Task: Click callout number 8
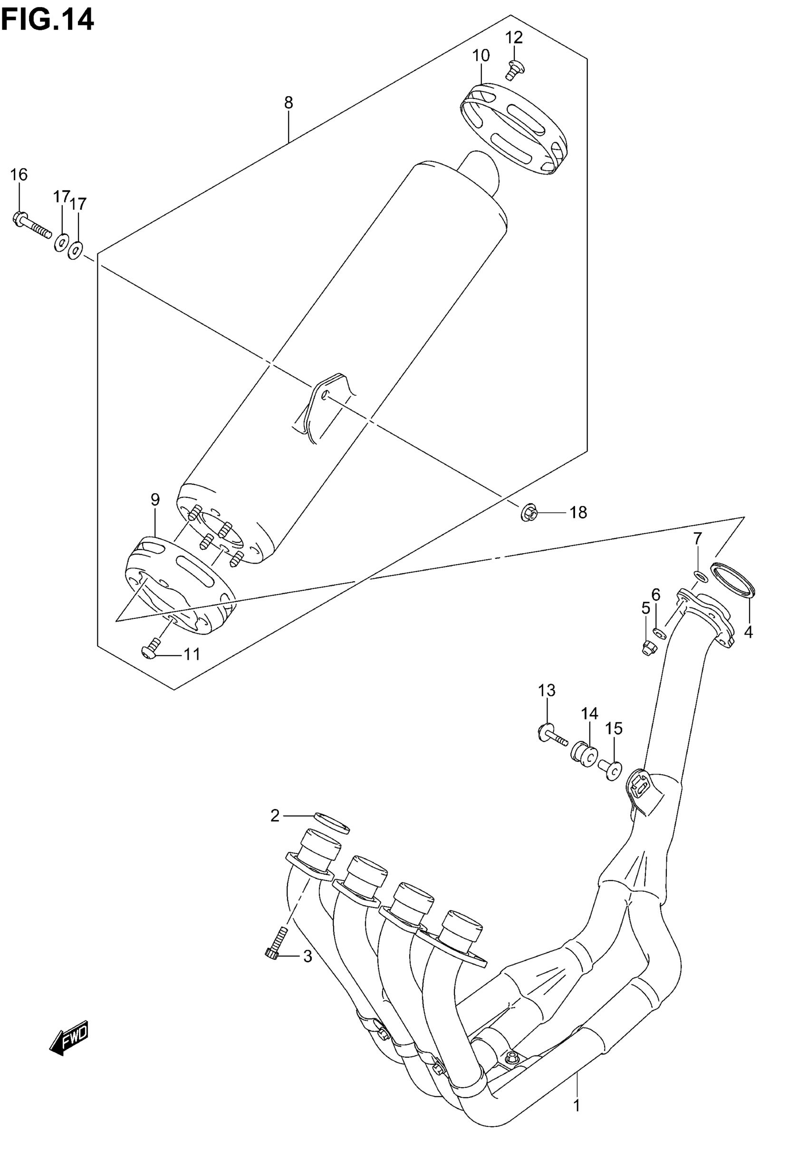point(288,103)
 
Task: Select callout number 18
point(578,513)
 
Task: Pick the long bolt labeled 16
point(31,226)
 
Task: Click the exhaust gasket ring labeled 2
point(332,823)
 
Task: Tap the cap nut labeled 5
point(647,648)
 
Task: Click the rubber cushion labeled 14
point(584,754)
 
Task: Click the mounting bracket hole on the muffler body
point(326,393)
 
